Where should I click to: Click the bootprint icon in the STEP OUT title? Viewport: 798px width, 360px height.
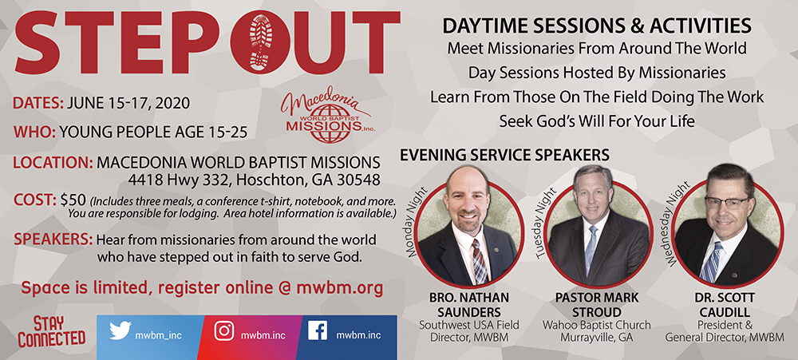point(261,42)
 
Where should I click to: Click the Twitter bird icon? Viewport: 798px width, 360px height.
point(120,331)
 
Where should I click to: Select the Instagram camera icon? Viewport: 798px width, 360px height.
point(224,331)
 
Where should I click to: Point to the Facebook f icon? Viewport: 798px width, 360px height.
point(318,330)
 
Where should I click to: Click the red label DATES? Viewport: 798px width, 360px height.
point(38,103)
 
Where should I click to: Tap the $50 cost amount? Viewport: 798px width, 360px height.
point(73,200)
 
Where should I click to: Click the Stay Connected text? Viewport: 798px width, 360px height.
point(51,331)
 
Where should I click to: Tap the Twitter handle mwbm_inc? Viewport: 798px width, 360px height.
point(158,335)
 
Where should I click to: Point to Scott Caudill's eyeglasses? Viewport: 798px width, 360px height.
point(727,202)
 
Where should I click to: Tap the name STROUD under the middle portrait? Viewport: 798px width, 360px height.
point(596,311)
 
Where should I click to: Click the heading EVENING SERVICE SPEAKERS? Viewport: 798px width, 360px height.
point(504,154)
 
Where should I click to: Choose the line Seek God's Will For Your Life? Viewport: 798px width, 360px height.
point(596,121)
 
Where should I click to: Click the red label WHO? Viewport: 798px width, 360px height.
point(34,133)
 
